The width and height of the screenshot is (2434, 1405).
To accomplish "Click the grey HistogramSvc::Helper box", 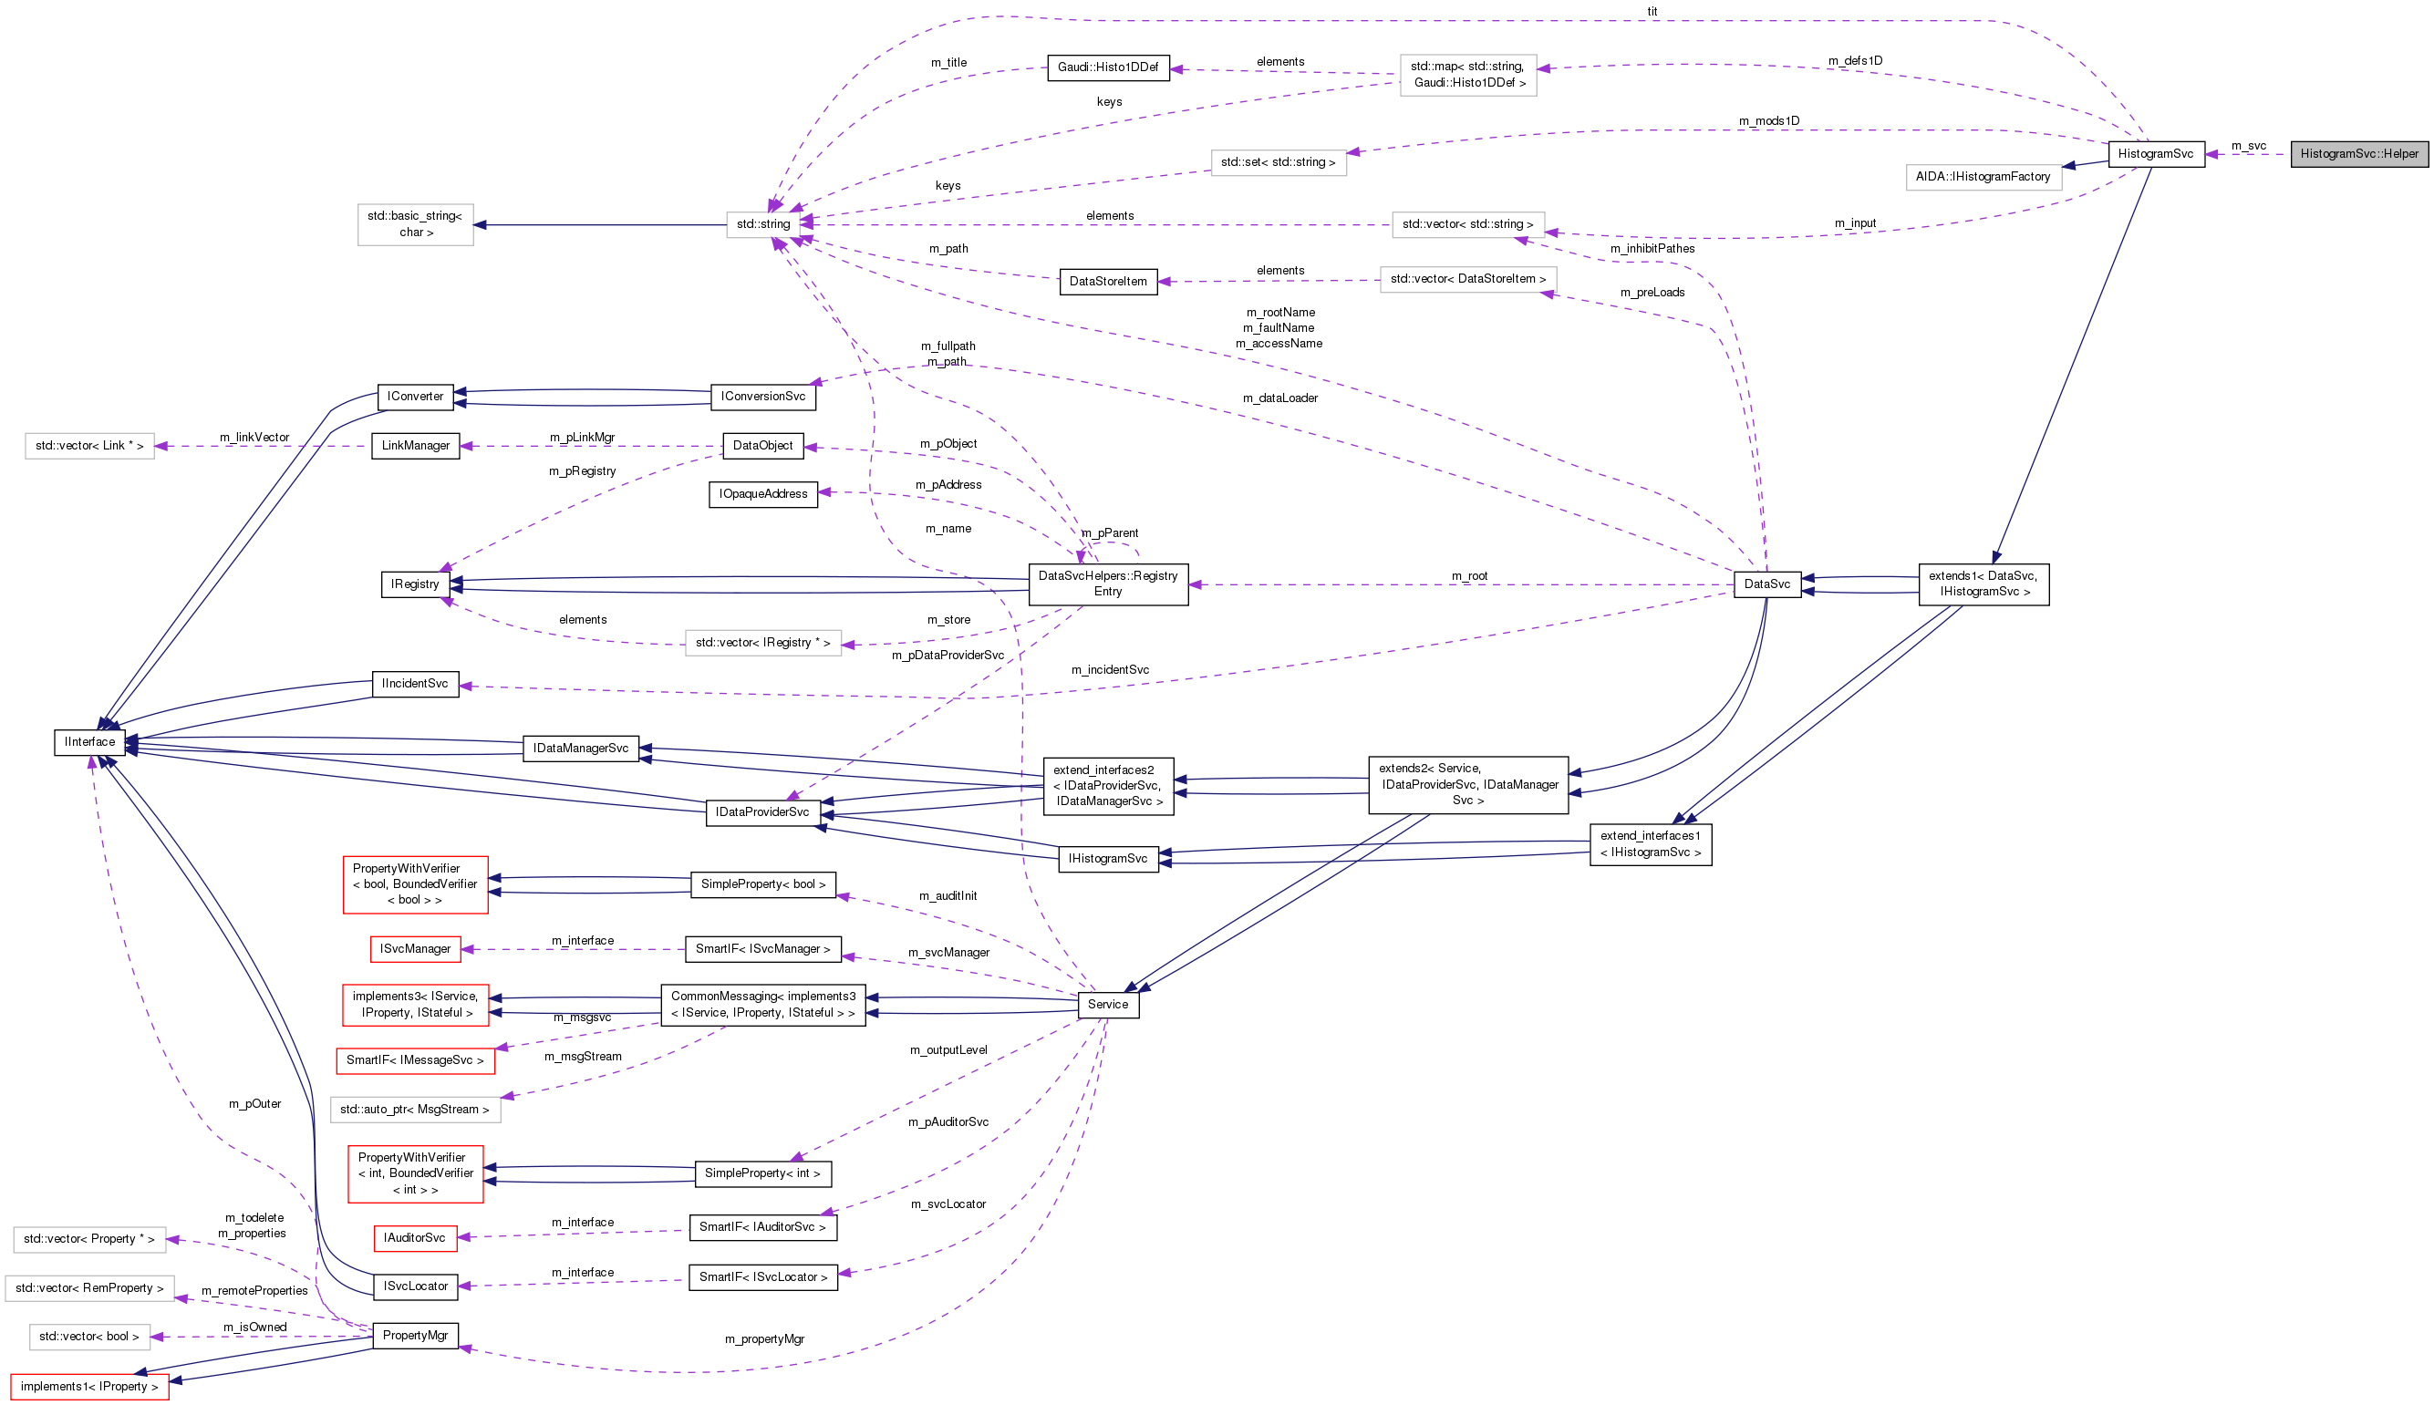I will [x=2358, y=153].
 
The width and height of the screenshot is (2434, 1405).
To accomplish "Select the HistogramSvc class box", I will [x=2155, y=153].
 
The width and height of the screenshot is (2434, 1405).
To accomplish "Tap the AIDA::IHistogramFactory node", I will [x=1983, y=177].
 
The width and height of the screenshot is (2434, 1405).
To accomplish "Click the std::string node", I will [x=762, y=224].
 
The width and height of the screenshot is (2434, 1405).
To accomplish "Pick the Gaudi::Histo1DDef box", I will [x=1107, y=67].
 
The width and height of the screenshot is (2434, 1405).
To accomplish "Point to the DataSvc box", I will [x=1766, y=584].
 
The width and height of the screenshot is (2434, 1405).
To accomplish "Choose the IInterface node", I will [x=88, y=742].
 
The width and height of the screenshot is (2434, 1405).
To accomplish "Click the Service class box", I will [x=1107, y=1005].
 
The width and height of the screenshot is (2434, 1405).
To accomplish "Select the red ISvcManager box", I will [x=415, y=949].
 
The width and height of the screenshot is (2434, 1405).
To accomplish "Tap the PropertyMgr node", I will [x=415, y=1336].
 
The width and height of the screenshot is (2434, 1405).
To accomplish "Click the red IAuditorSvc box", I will [x=414, y=1238].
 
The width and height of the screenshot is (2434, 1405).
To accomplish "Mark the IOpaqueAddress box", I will [x=762, y=494].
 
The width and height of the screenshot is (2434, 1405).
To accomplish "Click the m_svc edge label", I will [x=2248, y=146].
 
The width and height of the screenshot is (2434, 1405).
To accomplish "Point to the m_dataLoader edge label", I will [x=1279, y=398].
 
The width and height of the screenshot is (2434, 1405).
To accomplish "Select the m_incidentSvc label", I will [x=1110, y=670].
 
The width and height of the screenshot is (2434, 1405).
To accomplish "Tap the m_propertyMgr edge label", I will [x=764, y=1339].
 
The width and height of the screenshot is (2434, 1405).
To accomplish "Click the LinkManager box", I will [x=415, y=446].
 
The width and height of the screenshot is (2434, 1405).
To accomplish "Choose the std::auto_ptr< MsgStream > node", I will [x=415, y=1110].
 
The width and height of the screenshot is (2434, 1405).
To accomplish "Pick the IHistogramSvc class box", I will [x=1107, y=859].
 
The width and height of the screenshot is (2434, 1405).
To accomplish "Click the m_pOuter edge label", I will [x=254, y=1104].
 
